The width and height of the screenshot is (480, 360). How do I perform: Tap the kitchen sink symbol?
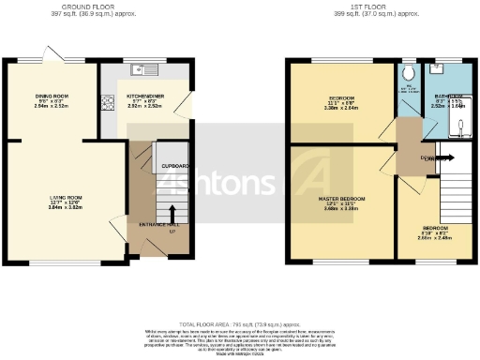point(148,68)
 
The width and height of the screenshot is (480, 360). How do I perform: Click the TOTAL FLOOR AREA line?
point(240,322)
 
